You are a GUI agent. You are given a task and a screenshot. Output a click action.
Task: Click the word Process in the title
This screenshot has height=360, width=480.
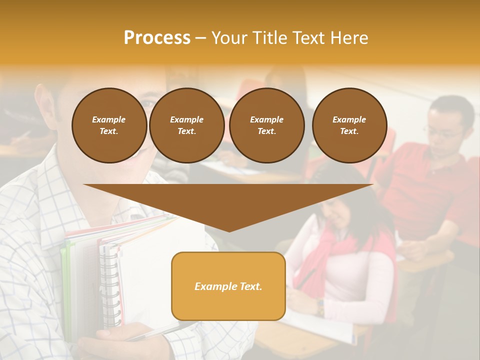[157, 38]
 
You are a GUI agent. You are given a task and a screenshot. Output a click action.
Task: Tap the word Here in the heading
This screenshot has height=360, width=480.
[346, 38]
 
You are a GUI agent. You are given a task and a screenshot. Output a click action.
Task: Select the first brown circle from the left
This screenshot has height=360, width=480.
[109, 125]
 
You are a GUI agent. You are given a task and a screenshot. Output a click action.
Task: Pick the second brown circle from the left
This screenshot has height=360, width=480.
[187, 125]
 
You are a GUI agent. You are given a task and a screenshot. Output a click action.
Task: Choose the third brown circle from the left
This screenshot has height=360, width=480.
[266, 125]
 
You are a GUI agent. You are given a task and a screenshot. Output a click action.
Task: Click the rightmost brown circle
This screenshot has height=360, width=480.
[349, 125]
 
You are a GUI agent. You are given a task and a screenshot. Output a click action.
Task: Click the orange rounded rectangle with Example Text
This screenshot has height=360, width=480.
[228, 286]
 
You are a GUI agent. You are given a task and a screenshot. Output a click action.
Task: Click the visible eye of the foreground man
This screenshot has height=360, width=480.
[148, 103]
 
